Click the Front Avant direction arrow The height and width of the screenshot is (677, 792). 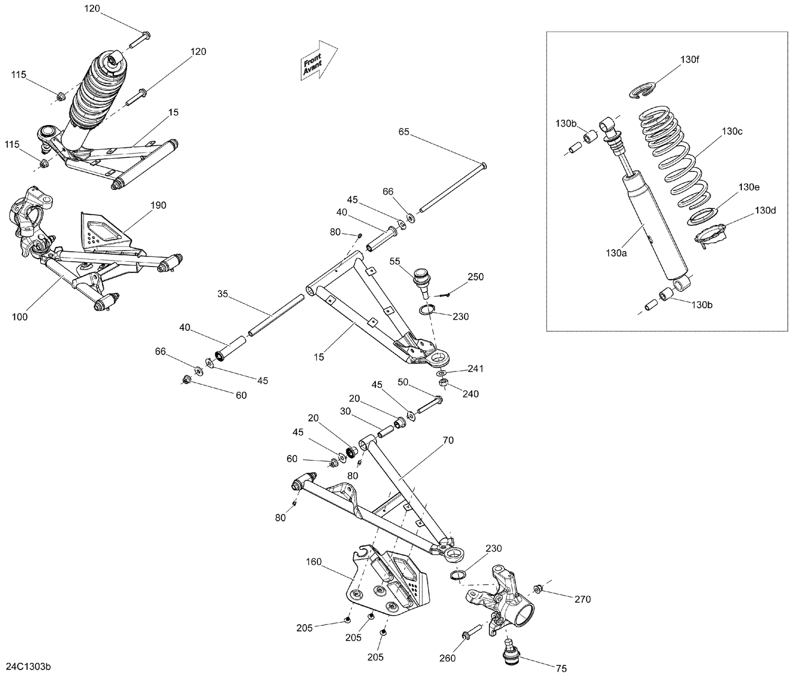click(319, 61)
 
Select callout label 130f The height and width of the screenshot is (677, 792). click(689, 60)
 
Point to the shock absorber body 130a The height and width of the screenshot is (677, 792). click(655, 227)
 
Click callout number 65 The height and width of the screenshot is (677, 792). click(404, 132)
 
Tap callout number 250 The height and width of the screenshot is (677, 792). click(475, 277)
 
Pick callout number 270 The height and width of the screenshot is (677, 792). click(583, 599)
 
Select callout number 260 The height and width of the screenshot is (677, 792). click(447, 658)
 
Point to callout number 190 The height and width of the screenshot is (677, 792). click(158, 205)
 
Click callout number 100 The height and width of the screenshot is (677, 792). click(20, 317)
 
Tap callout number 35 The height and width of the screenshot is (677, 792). click(223, 294)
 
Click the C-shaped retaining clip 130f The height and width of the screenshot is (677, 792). click(642, 90)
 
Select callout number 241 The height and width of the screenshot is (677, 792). click(475, 368)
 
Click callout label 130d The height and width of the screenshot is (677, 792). click(765, 211)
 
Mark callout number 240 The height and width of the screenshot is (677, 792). click(470, 394)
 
